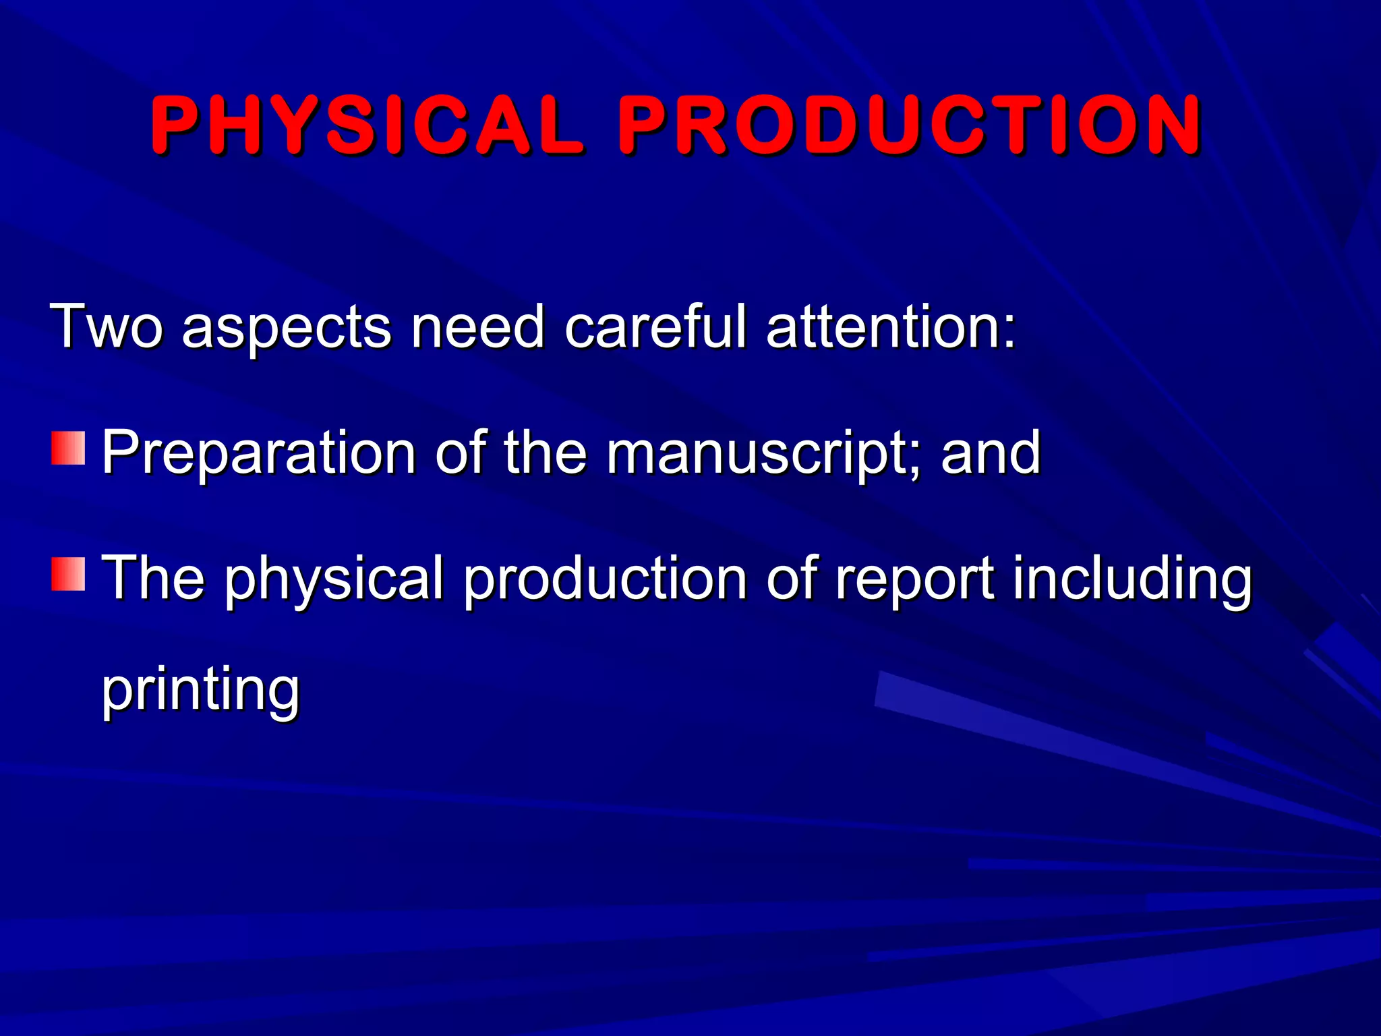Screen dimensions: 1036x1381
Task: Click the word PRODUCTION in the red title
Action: click(910, 125)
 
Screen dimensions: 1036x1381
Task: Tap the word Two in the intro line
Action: click(107, 326)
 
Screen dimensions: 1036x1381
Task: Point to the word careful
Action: click(655, 326)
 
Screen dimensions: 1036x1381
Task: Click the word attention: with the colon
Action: click(891, 326)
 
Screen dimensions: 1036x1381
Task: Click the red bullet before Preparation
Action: click(68, 449)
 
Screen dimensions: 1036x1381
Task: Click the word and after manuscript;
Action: click(991, 453)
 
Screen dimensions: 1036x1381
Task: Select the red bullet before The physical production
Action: click(68, 575)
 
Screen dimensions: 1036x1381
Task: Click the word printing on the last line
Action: click(200, 691)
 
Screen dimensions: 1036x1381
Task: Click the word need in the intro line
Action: click(477, 326)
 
